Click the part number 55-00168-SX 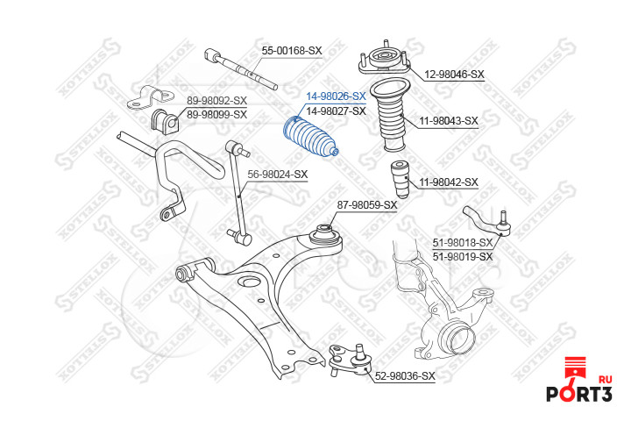(x=292, y=51)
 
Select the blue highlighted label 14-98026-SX (x=335, y=97)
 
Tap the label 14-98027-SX (x=335, y=111)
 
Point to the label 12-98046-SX (x=454, y=75)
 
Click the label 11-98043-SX (x=448, y=120)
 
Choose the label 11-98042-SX (x=448, y=182)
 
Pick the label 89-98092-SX (x=216, y=101)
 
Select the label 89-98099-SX (x=216, y=114)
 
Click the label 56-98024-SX (x=277, y=174)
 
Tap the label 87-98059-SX (x=367, y=205)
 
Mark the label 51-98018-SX (x=463, y=243)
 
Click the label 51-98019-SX (x=463, y=256)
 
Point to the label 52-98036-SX (x=405, y=376)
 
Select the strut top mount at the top (x=381, y=61)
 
